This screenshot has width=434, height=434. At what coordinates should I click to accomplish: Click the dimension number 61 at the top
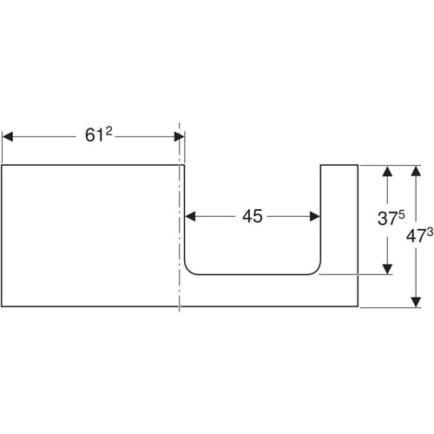point(94,135)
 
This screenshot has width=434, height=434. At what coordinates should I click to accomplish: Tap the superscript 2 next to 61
point(108,131)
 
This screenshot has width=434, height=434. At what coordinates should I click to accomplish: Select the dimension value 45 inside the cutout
point(253,216)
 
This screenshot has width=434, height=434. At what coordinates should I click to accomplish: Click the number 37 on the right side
point(387,219)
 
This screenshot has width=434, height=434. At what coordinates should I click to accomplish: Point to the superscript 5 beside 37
point(402,214)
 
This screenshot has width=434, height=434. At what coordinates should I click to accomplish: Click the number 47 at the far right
point(416,237)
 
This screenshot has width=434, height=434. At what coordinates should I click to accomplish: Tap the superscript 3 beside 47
point(430,232)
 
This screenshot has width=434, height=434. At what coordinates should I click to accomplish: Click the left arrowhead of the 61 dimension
point(8,136)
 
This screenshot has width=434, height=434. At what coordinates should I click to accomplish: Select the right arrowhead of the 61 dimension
point(179,136)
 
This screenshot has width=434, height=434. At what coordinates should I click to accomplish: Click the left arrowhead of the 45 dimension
point(190,216)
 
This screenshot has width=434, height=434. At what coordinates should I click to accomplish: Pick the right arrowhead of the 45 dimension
point(314,216)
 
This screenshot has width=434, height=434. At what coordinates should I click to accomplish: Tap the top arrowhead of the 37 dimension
point(387,171)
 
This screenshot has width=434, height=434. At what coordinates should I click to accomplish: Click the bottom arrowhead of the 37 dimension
point(387,269)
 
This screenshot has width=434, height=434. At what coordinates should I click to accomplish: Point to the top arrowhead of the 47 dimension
point(416,171)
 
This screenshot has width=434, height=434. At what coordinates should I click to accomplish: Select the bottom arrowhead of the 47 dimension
point(416,302)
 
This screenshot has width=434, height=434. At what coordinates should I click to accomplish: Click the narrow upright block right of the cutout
point(339,220)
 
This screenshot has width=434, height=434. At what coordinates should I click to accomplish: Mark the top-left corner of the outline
point(2,165)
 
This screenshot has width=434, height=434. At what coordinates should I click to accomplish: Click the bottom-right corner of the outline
point(358,306)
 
